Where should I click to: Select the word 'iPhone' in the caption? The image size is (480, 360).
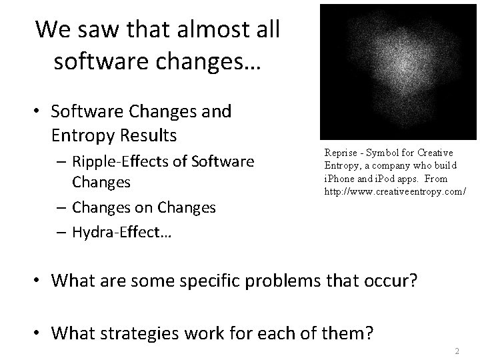pos(339,179)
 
